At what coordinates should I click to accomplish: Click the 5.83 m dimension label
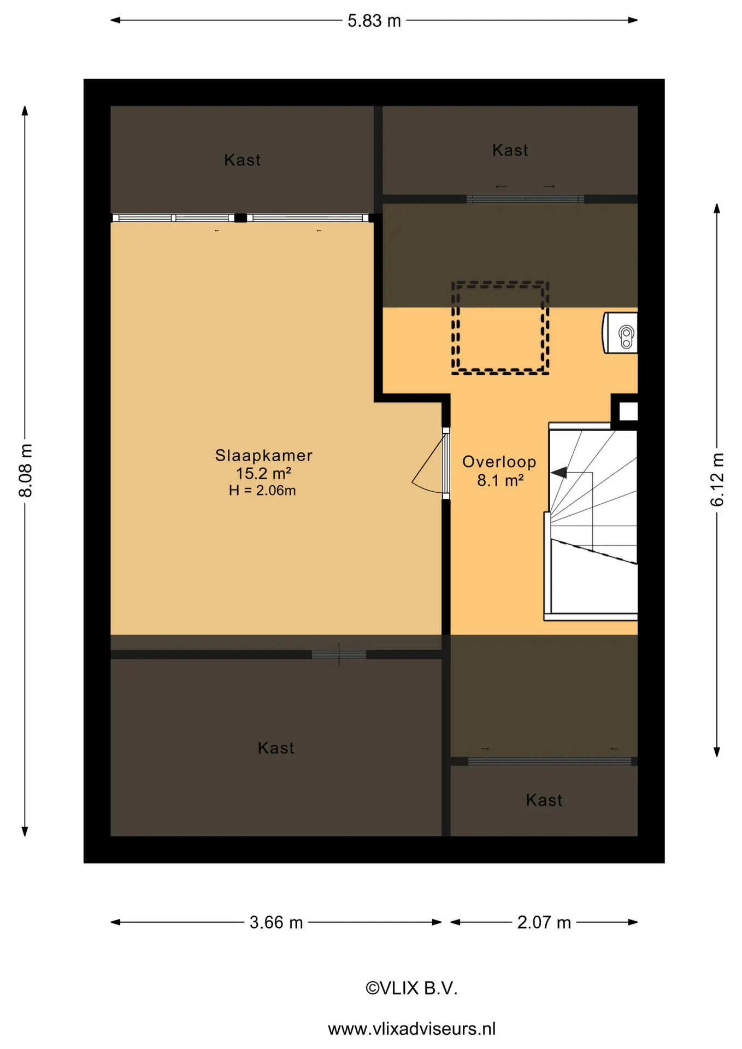click(374, 21)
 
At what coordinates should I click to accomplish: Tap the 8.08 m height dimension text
click(26, 470)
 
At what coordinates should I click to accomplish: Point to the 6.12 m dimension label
click(717, 479)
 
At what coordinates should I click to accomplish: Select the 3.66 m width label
click(276, 922)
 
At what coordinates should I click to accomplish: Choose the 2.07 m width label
click(544, 922)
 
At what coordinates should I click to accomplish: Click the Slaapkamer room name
click(264, 455)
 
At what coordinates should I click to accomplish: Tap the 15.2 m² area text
click(263, 473)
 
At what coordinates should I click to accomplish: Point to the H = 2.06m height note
click(262, 491)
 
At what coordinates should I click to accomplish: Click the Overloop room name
click(499, 462)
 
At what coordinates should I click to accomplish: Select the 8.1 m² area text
click(500, 480)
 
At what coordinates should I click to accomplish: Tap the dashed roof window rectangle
click(500, 328)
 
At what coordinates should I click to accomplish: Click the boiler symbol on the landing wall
click(621, 333)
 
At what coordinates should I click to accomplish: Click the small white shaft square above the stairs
click(628, 411)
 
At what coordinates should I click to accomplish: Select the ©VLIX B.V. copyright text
click(411, 988)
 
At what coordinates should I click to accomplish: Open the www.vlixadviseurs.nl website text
click(411, 1029)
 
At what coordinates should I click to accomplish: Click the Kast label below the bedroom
click(276, 748)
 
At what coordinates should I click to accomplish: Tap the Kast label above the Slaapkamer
click(243, 160)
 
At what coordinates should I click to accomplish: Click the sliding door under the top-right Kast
click(525, 199)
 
